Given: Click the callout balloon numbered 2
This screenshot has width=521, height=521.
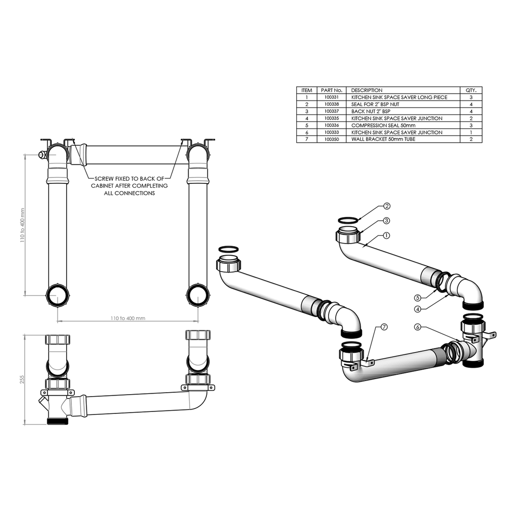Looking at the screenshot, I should pos(387,206).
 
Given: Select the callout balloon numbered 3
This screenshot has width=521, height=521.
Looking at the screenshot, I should pos(387,220).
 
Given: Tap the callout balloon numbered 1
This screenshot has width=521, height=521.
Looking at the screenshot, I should pos(387,235).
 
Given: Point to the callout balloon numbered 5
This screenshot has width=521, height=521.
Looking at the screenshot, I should pos(418,298).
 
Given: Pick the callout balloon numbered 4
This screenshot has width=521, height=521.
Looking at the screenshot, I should pos(418,309).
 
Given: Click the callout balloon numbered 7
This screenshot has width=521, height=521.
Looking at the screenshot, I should pos(384,327).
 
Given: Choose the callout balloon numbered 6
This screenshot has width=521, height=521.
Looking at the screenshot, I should pos(418,327).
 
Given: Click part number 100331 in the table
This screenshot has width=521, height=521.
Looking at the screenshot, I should pos(331,97).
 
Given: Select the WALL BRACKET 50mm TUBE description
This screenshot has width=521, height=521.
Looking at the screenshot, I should pos(384,139).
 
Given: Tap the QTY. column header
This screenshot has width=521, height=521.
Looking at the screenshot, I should pos(471,90).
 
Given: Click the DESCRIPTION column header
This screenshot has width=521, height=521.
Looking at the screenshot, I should pos(367,90).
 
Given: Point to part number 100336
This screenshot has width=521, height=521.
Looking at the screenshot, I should pos(331,125).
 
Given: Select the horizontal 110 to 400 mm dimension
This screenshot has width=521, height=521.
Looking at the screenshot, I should pos(128,318).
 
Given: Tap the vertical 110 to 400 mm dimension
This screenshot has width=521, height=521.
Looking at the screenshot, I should pos(22,225).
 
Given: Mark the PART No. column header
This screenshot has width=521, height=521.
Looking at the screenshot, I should pos(331,90).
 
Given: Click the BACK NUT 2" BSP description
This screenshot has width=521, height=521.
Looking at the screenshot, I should pos(371,111).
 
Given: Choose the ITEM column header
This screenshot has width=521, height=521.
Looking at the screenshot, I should pos(307,90).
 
